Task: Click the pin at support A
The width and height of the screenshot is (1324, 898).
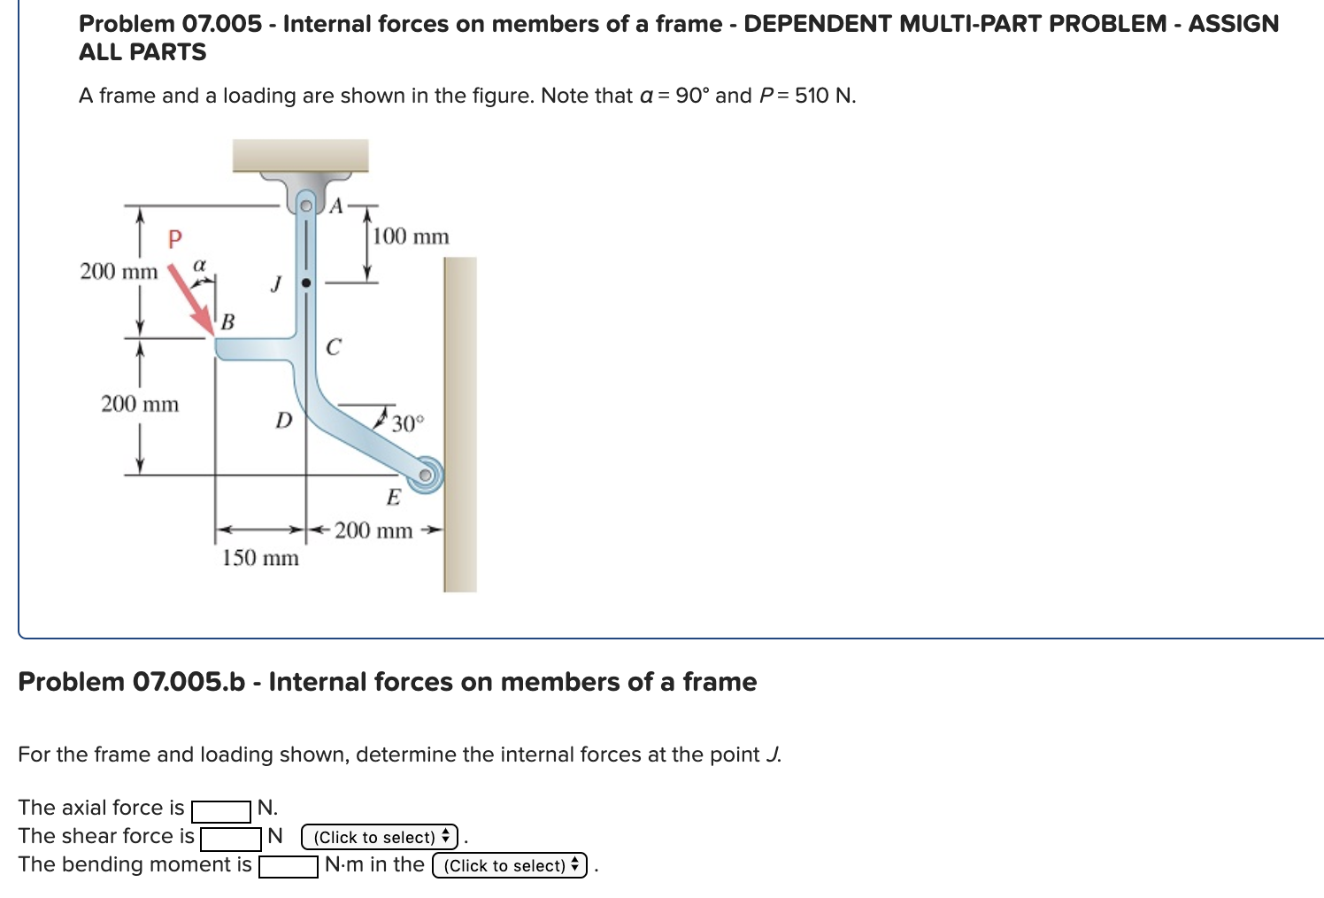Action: pyautogui.click(x=306, y=205)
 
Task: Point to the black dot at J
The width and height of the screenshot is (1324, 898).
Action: pyautogui.click(x=306, y=283)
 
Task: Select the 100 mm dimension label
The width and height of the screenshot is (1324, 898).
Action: pyautogui.click(x=411, y=236)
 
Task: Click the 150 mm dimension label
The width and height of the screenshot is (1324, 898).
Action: pyautogui.click(x=260, y=558)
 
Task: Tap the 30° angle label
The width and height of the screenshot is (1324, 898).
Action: pyautogui.click(x=408, y=423)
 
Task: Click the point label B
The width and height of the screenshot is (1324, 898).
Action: pyautogui.click(x=227, y=322)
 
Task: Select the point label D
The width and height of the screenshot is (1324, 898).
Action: pyautogui.click(x=283, y=421)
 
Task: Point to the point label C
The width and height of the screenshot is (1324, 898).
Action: pyautogui.click(x=333, y=347)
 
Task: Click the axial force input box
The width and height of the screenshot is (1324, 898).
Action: pyautogui.click(x=221, y=809)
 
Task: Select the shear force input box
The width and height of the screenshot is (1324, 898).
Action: pyautogui.click(x=231, y=838)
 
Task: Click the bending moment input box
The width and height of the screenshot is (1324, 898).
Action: pyautogui.click(x=289, y=866)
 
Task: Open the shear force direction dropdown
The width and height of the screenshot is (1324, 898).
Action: pyautogui.click(x=380, y=837)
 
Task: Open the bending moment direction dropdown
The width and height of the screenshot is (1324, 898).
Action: pyautogui.click(x=510, y=865)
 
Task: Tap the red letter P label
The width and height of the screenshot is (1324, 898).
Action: pyautogui.click(x=174, y=238)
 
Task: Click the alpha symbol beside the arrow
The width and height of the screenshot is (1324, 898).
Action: pyautogui.click(x=200, y=264)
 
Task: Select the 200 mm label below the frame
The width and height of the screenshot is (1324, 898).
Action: pyautogui.click(x=373, y=530)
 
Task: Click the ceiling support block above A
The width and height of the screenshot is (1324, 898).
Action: pyautogui.click(x=301, y=155)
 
